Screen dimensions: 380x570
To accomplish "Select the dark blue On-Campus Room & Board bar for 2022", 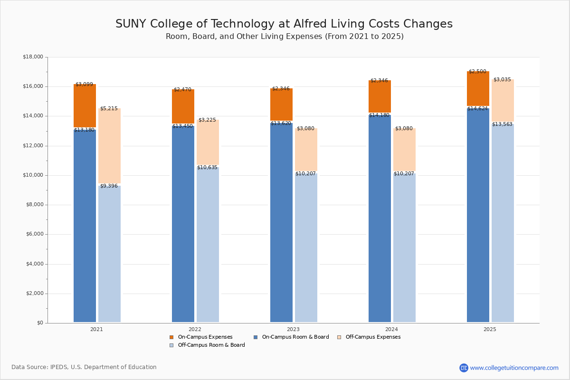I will pos(183,223).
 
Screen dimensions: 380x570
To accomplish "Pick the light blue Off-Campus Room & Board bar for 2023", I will pos(306,247).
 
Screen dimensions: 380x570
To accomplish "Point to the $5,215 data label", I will pos(109,109).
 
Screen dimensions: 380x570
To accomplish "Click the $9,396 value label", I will pos(109,186).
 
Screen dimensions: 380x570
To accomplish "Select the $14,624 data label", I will pos(477,109).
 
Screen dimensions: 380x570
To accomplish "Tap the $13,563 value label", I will pos(502,124).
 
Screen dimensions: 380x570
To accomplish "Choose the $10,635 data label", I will pos(207,168).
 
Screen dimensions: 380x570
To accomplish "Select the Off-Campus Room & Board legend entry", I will pos(211,345).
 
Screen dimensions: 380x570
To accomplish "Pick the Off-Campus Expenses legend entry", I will pos(372,337).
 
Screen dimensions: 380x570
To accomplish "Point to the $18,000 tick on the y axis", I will pos(33,57).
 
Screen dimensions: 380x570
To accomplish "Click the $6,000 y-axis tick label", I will pos(34,234).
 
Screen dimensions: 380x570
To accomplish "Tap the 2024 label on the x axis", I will pos(391,329).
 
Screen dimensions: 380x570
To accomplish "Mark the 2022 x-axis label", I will pos(195,329).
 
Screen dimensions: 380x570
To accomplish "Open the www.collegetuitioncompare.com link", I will pos(514,368).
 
